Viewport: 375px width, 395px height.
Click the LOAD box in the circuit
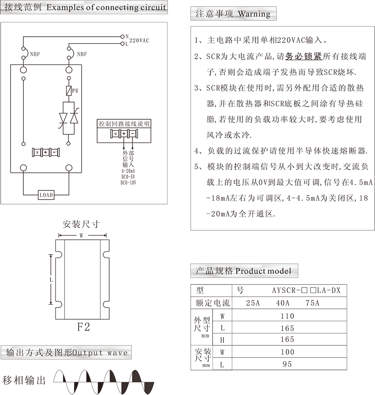(x=46, y=195)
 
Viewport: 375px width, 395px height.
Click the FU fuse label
(x=75, y=90)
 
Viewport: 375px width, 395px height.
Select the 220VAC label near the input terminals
(x=139, y=40)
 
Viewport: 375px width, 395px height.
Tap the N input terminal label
(x=127, y=36)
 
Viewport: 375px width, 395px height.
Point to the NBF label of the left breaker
(x=35, y=54)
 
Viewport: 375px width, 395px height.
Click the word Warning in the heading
(x=254, y=14)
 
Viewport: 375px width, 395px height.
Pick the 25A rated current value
(x=253, y=303)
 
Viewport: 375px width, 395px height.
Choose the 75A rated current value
(x=312, y=303)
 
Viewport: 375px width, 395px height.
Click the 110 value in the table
(x=287, y=316)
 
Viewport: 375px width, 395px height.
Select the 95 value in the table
(x=287, y=364)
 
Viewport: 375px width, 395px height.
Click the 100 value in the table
(x=287, y=352)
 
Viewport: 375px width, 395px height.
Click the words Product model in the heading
(x=263, y=271)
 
